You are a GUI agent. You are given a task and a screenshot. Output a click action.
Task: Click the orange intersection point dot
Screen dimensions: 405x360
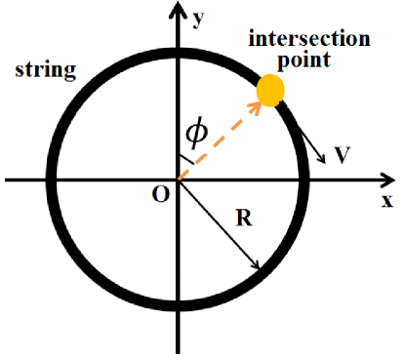(x=270, y=90)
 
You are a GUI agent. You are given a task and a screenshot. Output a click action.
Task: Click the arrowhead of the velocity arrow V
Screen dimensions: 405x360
(x=325, y=163)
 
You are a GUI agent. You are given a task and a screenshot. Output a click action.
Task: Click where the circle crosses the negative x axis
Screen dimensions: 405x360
(x=49, y=179)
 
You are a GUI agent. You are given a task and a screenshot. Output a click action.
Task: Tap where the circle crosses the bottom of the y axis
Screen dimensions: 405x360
(x=178, y=306)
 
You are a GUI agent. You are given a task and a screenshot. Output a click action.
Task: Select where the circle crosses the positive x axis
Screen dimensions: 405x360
(x=306, y=179)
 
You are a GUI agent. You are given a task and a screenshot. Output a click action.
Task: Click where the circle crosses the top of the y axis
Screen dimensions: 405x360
(x=178, y=51)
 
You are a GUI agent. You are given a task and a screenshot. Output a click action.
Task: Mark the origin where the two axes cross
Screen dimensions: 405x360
(x=178, y=179)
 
